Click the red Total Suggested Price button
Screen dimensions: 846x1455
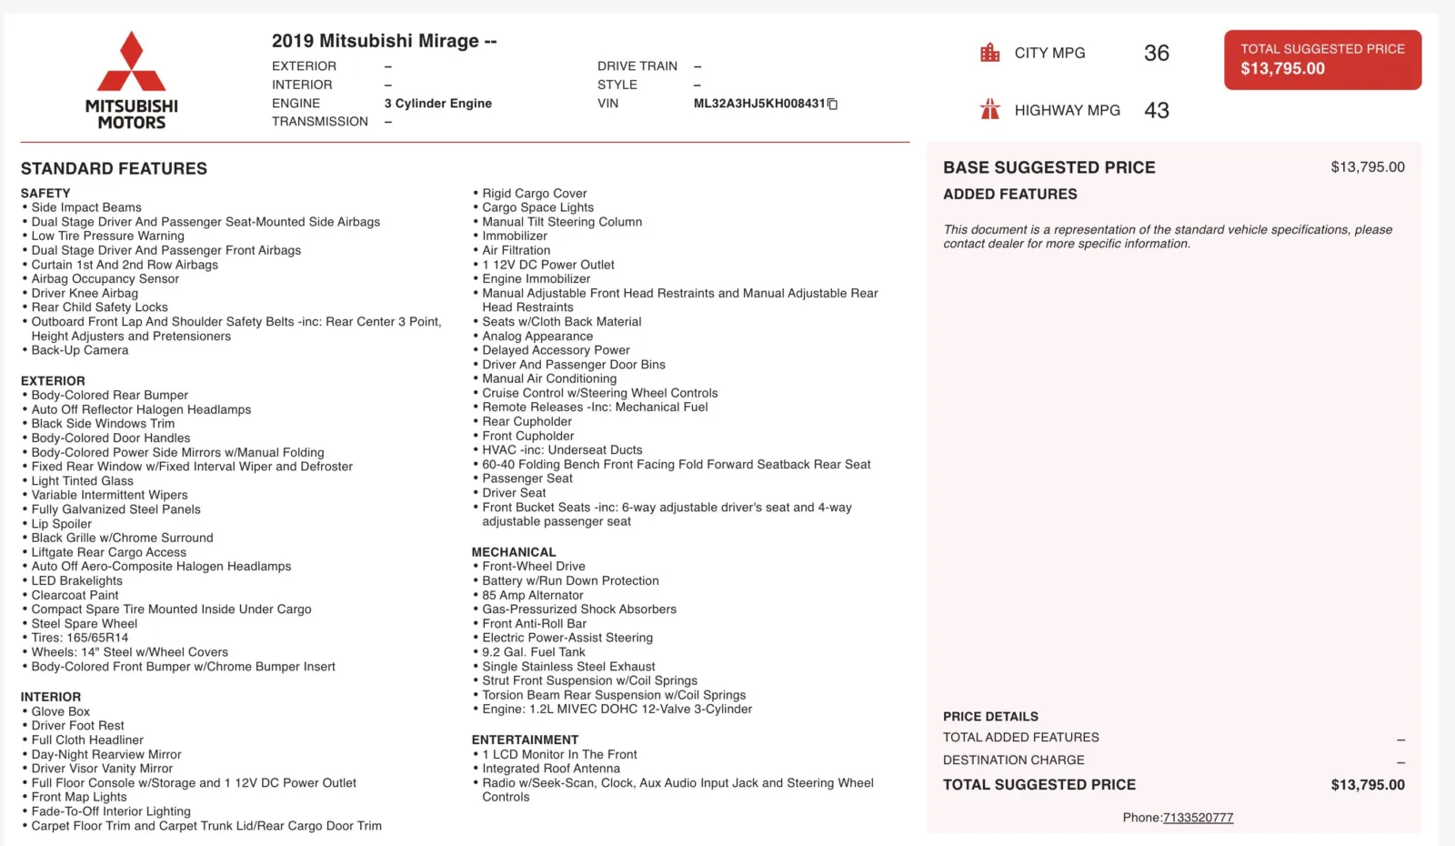pyautogui.click(x=1322, y=59)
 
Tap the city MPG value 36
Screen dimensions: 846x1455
pyautogui.click(x=1156, y=53)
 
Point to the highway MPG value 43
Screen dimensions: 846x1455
pyautogui.click(x=1156, y=110)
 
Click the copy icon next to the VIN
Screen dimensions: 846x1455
pyautogui.click(x=832, y=104)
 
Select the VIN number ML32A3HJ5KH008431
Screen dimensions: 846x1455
pyautogui.click(x=758, y=104)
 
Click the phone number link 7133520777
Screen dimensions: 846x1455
pyautogui.click(x=1198, y=817)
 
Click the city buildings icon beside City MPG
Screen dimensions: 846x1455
pyautogui.click(x=989, y=53)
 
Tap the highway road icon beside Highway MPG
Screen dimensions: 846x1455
pyautogui.click(x=989, y=110)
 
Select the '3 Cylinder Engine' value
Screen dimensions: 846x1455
pyautogui.click(x=437, y=104)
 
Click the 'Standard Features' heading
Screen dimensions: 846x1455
pyautogui.click(x=114, y=168)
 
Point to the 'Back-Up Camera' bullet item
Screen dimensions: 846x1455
pyautogui.click(x=80, y=350)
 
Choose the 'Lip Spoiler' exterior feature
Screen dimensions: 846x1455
pyautogui.click(x=62, y=524)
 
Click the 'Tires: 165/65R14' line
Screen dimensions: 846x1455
pyautogui.click(x=80, y=638)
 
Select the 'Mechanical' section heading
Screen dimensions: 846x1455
pyautogui.click(x=513, y=552)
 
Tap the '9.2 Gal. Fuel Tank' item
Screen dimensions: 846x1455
pyautogui.click(x=534, y=652)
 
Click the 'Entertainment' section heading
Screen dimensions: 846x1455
pyautogui.click(x=525, y=740)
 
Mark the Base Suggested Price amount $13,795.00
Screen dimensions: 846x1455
pyautogui.click(x=1367, y=167)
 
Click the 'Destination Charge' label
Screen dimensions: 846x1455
pyautogui.click(x=1013, y=760)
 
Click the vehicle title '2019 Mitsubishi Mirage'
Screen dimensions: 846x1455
pyautogui.click(x=375, y=41)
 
